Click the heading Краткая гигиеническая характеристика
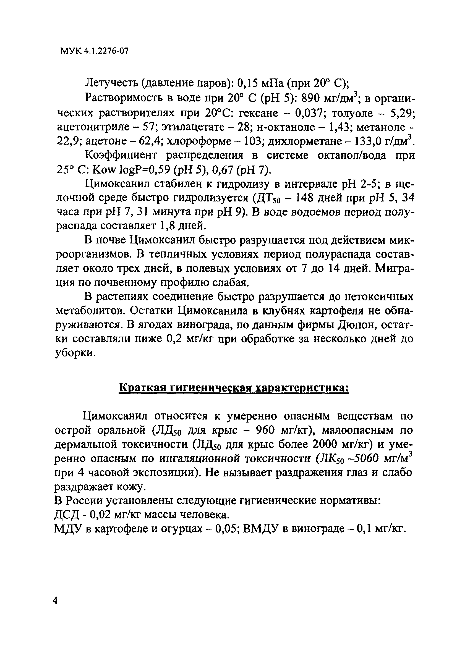pyautogui.click(x=234, y=388)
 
